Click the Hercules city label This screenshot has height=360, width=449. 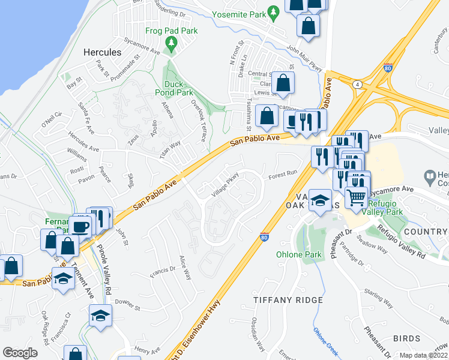(103, 52)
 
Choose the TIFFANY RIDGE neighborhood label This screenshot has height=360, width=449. (288, 299)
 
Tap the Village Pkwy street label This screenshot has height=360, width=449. (226, 184)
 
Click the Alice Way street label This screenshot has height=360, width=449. (185, 268)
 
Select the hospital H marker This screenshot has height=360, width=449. (429, 177)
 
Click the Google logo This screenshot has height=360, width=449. (20, 353)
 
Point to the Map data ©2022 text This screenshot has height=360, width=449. (424, 355)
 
